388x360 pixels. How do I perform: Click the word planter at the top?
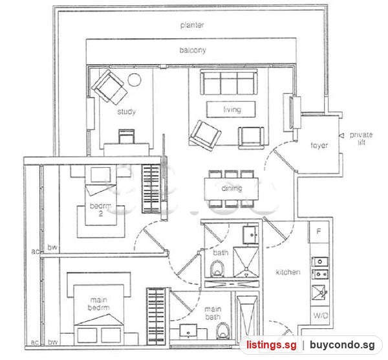point(192,25)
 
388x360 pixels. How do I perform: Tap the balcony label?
point(193,51)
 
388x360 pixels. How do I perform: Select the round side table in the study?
point(135,80)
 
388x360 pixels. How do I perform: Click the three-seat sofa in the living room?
point(229,82)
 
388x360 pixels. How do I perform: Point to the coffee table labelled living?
point(231,109)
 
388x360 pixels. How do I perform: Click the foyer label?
point(319,145)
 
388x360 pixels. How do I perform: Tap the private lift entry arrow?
point(341,135)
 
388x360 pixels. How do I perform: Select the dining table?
point(232,189)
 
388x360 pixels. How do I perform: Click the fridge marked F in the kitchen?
point(319,232)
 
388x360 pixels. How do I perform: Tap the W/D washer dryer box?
point(320,315)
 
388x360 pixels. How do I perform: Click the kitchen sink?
point(320,293)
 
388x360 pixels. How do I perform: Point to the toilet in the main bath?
point(223,332)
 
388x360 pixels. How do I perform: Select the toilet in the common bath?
point(217,269)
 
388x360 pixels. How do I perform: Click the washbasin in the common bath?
point(250,234)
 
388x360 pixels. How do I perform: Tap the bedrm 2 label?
point(100,210)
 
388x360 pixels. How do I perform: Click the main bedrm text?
point(99,304)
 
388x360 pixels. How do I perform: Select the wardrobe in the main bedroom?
point(155,316)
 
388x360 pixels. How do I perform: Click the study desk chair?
point(127,136)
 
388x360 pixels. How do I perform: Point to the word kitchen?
point(288,272)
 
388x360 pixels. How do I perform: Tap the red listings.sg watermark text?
point(271,345)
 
